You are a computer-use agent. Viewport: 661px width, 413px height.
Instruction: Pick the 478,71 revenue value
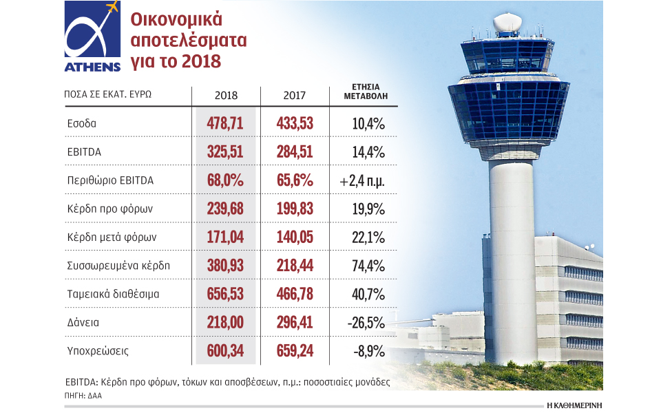[x=226, y=124]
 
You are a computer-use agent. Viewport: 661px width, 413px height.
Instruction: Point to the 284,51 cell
[x=295, y=152]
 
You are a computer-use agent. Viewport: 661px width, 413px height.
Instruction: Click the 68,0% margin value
[x=226, y=180]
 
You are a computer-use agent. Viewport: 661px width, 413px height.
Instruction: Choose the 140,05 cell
[x=295, y=237]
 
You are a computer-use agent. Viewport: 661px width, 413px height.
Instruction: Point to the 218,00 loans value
[x=226, y=322]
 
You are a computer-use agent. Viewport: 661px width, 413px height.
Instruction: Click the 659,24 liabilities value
[x=295, y=351]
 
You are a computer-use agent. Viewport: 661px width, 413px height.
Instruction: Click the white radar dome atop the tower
[x=508, y=23]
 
